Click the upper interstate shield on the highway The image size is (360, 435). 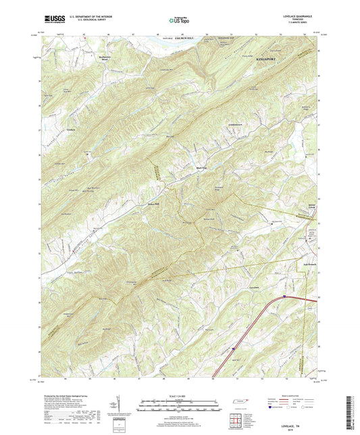[x=284, y=295]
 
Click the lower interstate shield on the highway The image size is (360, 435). [x=233, y=349]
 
